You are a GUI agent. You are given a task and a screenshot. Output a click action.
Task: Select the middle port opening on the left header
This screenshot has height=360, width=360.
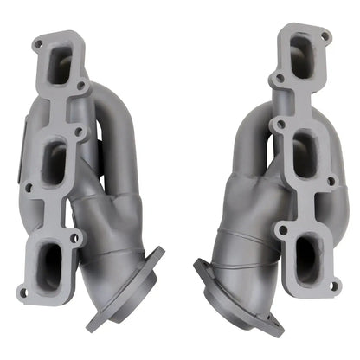click(54, 162)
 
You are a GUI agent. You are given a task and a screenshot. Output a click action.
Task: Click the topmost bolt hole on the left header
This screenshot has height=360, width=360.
click(36, 42)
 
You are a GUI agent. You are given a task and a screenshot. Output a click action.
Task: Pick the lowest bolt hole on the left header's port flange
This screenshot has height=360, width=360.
click(22, 292)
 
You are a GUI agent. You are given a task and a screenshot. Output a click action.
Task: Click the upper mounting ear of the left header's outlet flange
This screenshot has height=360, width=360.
click(160, 254)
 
